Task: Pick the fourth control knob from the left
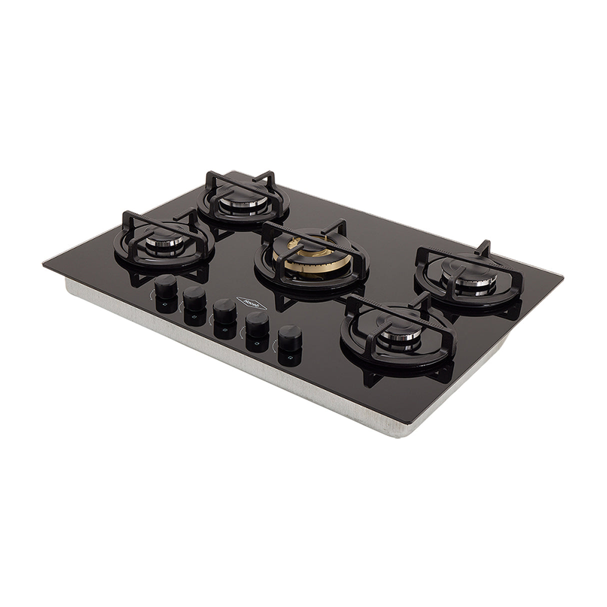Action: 256,327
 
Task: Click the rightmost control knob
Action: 289,340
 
